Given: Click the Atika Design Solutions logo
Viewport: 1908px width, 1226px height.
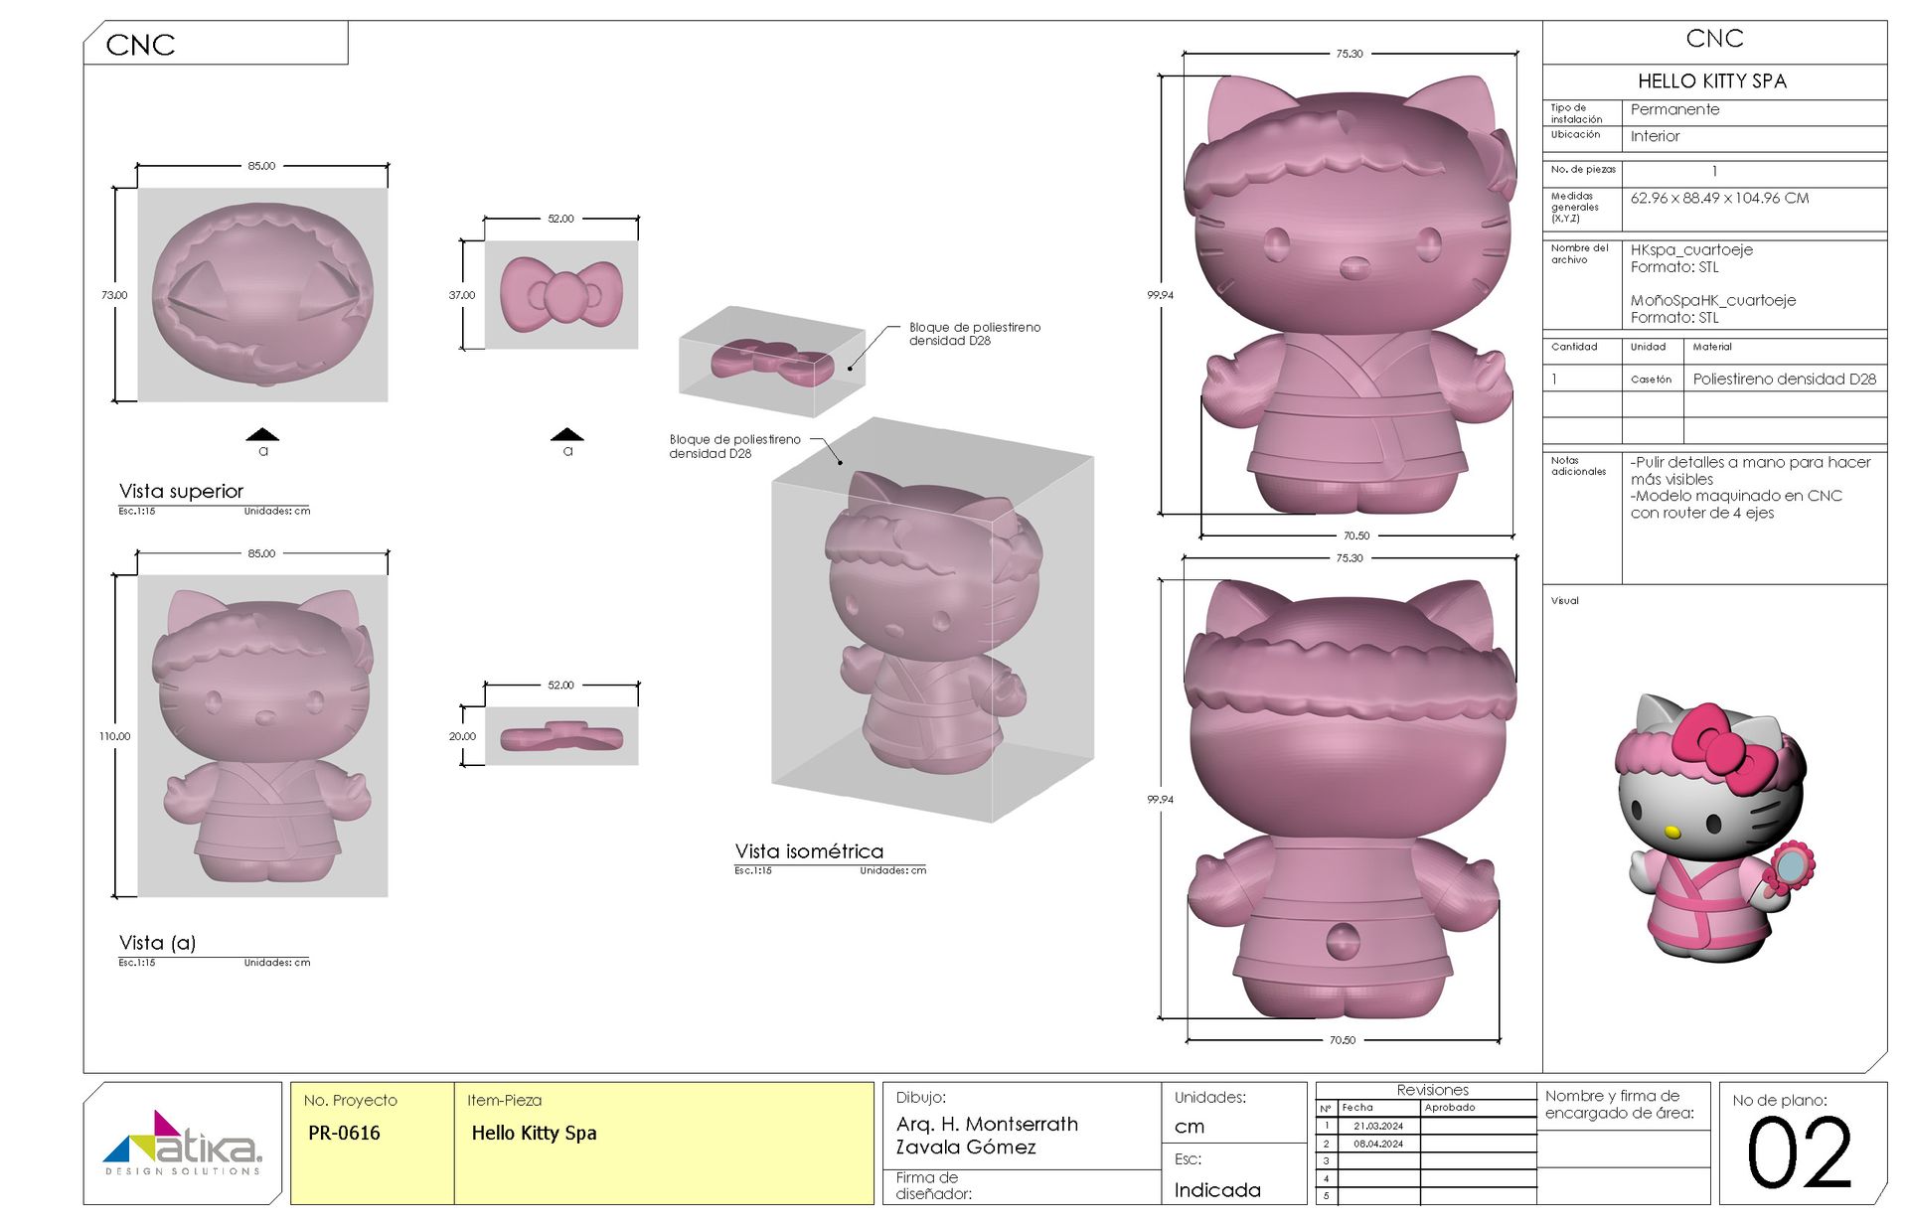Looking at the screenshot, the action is click(183, 1143).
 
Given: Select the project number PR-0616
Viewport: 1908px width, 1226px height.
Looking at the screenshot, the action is click(344, 1133).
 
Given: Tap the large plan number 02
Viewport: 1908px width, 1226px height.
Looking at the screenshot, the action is click(1800, 1152).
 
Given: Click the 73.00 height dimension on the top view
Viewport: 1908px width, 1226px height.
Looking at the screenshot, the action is click(114, 295).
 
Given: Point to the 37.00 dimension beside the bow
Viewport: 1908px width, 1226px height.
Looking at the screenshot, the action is click(462, 295).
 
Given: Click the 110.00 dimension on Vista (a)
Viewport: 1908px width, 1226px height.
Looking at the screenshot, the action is click(114, 736).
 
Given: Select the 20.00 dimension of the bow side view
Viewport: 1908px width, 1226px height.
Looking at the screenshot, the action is click(462, 736).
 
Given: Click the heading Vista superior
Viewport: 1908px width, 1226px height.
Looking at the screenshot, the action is click(181, 491).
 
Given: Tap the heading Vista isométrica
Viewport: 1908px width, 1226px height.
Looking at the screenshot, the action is click(809, 851).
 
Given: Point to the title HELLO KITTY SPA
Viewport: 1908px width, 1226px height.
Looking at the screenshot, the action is click(1712, 81).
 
